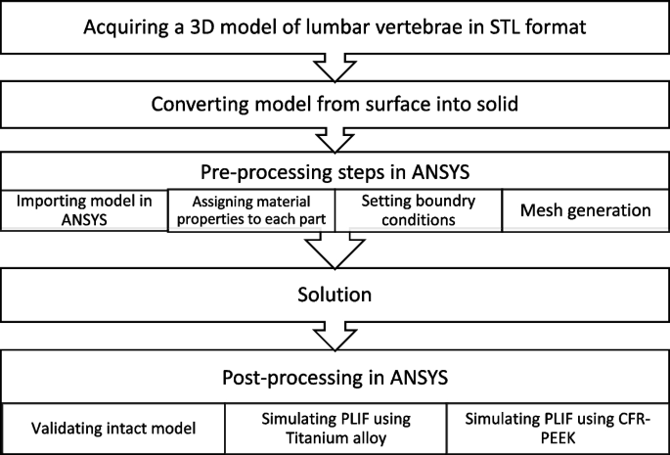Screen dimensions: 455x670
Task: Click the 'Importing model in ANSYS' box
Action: [85, 209]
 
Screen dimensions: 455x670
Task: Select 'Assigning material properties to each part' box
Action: [251, 209]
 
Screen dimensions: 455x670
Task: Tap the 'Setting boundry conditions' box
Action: [418, 209]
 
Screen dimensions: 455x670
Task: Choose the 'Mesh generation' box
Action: [585, 209]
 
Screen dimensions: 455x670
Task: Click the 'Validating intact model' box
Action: [113, 428]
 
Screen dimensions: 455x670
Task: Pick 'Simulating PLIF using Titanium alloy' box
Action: [335, 428]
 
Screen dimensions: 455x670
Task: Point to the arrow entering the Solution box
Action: [335, 251]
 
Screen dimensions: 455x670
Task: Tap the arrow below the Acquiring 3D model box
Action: [335, 66]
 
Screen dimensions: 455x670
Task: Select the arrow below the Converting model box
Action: [335, 137]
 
